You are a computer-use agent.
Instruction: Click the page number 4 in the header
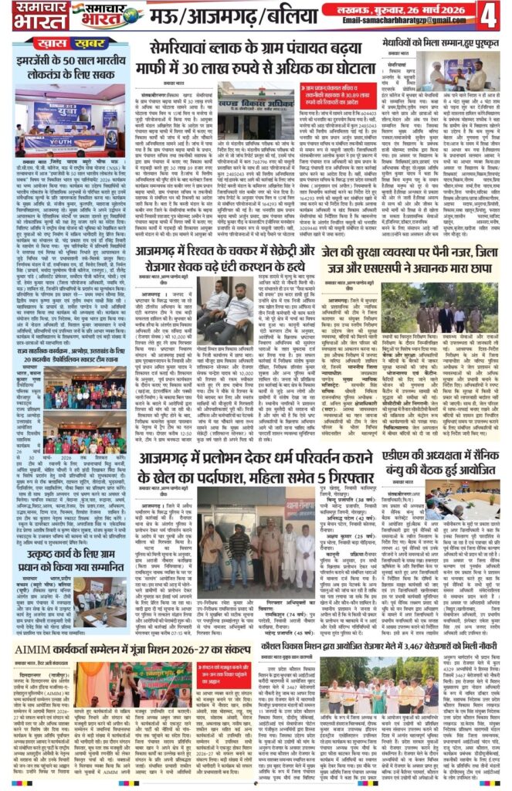tap(491, 15)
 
